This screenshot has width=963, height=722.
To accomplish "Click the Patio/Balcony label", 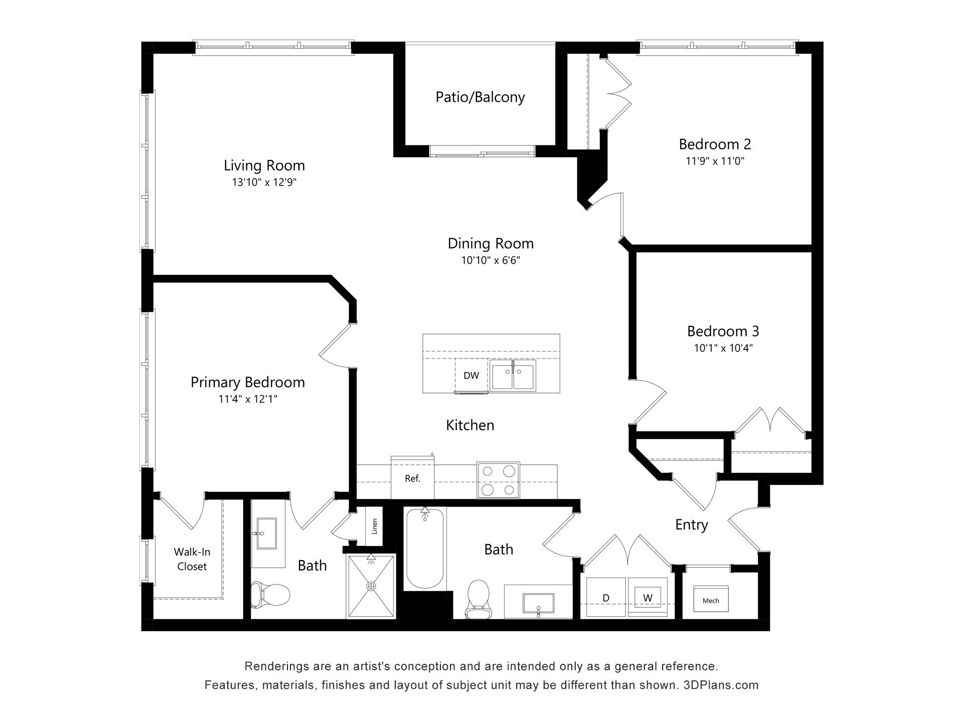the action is click(x=480, y=97).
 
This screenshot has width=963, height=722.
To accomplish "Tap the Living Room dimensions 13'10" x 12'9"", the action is click(x=264, y=182).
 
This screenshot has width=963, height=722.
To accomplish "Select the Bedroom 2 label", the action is click(x=715, y=144).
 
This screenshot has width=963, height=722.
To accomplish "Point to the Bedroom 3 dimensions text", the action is click(x=723, y=348).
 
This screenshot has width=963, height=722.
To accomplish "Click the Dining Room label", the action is click(x=491, y=243).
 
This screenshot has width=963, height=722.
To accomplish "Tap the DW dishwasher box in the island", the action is click(x=471, y=376).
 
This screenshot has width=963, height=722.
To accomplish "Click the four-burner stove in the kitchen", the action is click(x=498, y=480).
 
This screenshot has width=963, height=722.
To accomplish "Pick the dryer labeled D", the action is click(x=606, y=598).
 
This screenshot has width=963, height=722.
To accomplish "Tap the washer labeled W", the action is click(x=648, y=598).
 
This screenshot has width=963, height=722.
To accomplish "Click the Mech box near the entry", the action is click(x=711, y=600).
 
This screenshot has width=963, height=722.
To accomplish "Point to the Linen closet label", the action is click(x=374, y=526).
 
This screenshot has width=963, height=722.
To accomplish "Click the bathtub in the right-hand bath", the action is click(x=425, y=548).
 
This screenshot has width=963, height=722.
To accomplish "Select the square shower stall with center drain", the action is click(x=371, y=586).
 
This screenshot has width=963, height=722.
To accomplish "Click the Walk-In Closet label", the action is click(x=192, y=559).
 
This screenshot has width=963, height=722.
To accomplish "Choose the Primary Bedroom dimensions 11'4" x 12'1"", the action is click(x=248, y=399).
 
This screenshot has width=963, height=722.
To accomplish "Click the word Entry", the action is click(x=692, y=525).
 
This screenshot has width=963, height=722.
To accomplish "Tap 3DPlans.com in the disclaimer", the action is click(x=721, y=685).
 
